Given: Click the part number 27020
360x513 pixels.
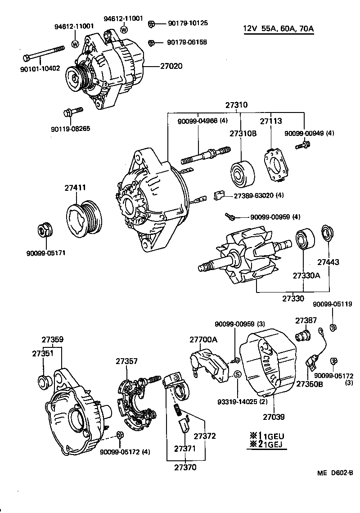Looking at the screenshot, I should pos(171,66).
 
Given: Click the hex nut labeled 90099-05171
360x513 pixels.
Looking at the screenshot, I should pos(44,230).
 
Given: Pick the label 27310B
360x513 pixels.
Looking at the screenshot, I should pos(242,134).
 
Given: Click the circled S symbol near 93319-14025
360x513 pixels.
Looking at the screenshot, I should pos(238,374).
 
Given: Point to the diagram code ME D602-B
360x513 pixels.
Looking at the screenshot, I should pos(335,473).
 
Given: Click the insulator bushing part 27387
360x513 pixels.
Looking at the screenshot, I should pos(302,336).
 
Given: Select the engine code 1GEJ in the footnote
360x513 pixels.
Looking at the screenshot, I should pos(273,445).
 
